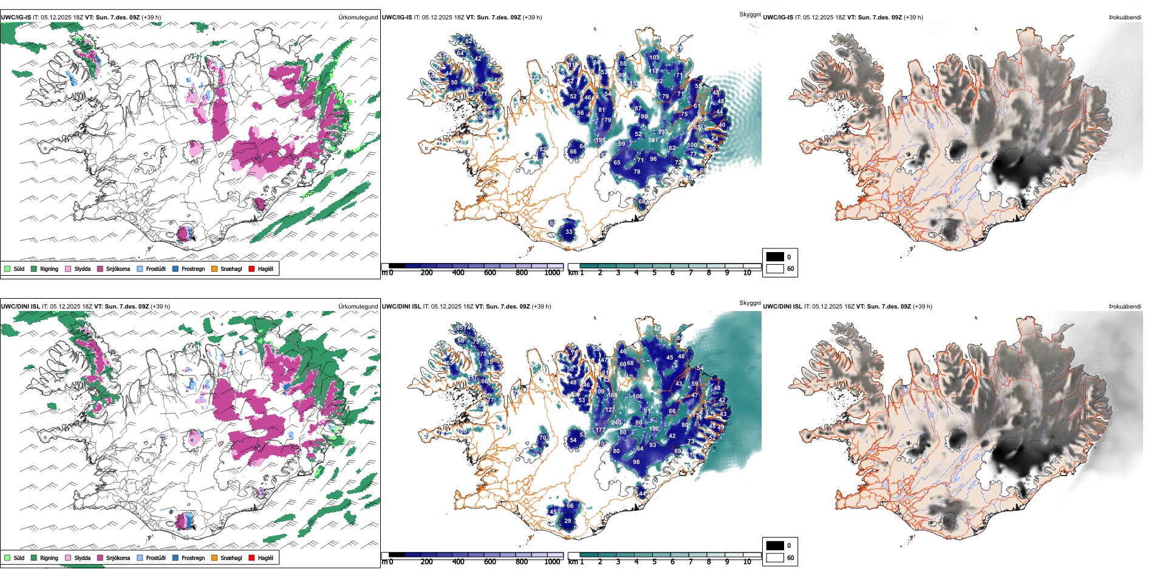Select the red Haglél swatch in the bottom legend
click(x=251, y=558)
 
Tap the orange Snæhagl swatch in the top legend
click(x=214, y=268)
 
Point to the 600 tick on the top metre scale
click(x=490, y=273)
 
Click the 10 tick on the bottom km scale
click(x=747, y=562)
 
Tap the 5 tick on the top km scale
click(x=655, y=273)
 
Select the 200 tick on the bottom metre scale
click(x=427, y=562)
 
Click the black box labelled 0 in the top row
click(x=775, y=257)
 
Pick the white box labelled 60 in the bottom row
click(x=775, y=558)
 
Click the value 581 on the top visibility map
click(x=653, y=140)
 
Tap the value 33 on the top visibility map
click(x=569, y=232)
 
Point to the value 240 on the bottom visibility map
click(x=616, y=423)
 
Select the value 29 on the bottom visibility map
click(x=568, y=521)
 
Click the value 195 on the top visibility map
click(x=600, y=140)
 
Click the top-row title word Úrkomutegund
click(x=358, y=18)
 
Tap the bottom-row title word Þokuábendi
click(x=1125, y=307)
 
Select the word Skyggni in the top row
click(x=749, y=14)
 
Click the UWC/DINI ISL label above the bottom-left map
click(x=20, y=307)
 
